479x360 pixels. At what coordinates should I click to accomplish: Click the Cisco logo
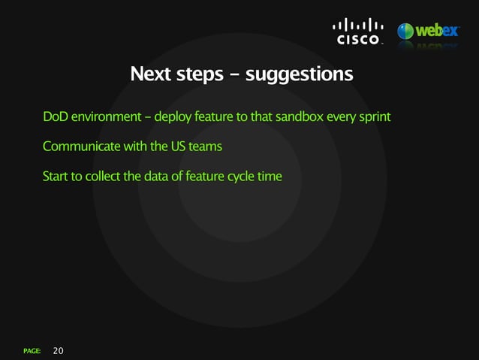pyautogui.click(x=358, y=32)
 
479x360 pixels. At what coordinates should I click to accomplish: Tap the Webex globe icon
pyautogui.click(x=405, y=32)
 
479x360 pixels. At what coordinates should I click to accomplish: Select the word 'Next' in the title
pyautogui.click(x=149, y=74)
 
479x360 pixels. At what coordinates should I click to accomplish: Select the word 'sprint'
pyautogui.click(x=372, y=118)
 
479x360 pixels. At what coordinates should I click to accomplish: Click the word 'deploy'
pyautogui.click(x=173, y=118)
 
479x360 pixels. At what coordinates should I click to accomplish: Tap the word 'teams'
pyautogui.click(x=205, y=146)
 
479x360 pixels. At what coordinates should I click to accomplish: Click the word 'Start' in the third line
pyautogui.click(x=56, y=176)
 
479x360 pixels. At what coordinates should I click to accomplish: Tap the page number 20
pyautogui.click(x=59, y=350)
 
